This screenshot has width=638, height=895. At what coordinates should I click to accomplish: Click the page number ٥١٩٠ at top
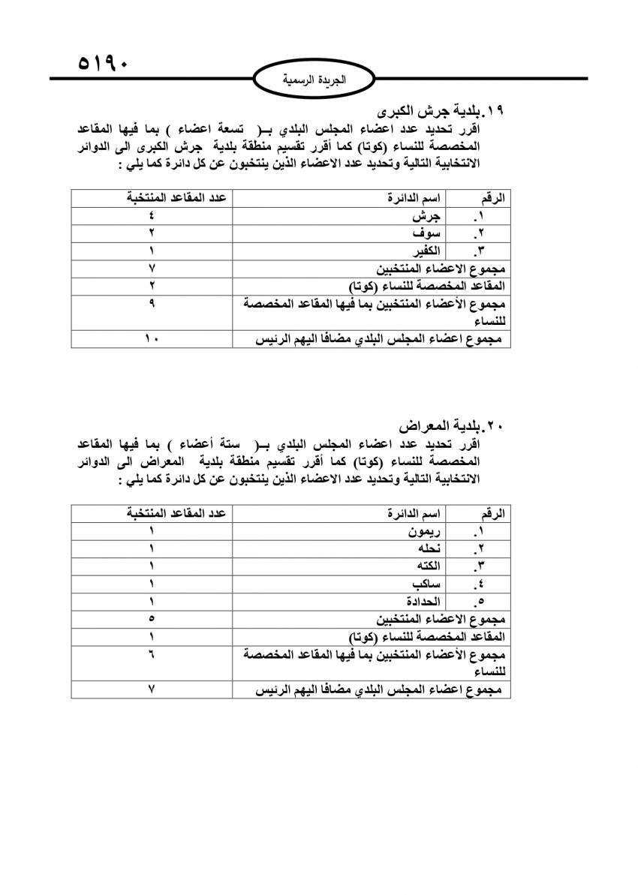pyautogui.click(x=104, y=62)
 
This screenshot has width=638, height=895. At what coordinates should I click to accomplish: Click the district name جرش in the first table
pyautogui.click(x=426, y=216)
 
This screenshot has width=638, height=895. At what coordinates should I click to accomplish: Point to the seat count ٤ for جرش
pyautogui.click(x=152, y=216)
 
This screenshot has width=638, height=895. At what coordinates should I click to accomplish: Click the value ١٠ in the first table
pyautogui.click(x=152, y=339)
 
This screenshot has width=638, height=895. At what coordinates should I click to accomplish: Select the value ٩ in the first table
pyautogui.click(x=152, y=304)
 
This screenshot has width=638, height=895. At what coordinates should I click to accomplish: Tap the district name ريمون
pyautogui.click(x=422, y=533)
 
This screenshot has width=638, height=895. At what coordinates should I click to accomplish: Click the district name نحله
pyautogui.click(x=426, y=549)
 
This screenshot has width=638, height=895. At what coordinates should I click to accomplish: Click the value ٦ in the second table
pyautogui.click(x=152, y=653)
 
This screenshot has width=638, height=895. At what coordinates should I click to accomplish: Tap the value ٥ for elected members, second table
pyautogui.click(x=152, y=619)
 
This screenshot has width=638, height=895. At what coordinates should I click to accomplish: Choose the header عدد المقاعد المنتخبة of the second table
pyautogui.click(x=176, y=514)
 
